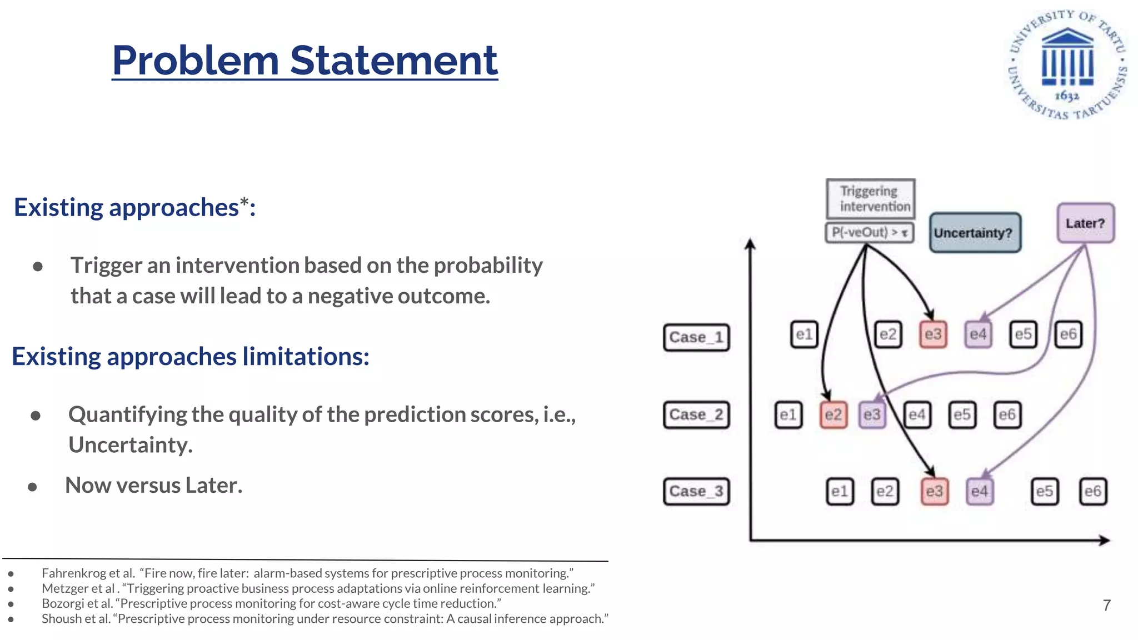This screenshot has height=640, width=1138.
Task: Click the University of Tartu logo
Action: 1067,64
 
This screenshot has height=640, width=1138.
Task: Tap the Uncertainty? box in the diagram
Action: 975,233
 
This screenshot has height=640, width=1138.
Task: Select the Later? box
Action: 1085,223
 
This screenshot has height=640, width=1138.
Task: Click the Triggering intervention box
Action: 870,198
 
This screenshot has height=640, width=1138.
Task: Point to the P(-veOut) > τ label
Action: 869,232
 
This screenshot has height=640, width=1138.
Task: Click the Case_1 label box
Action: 696,337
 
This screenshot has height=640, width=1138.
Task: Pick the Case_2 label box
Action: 696,414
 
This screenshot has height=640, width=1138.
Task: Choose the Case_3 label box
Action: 696,491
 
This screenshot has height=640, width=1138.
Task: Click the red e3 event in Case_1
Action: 933,334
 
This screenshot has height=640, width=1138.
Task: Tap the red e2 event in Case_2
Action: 833,414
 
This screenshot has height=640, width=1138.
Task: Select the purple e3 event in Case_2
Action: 872,414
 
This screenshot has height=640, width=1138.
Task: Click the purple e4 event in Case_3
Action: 980,491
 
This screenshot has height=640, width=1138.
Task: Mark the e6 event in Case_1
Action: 1068,334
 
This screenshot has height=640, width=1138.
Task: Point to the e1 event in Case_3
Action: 840,491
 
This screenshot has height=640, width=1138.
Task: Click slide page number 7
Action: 1106,605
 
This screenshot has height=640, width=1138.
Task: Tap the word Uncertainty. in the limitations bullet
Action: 131,445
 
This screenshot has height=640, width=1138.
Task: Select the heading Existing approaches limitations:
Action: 191,356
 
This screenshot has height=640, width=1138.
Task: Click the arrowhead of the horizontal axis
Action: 1105,540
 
